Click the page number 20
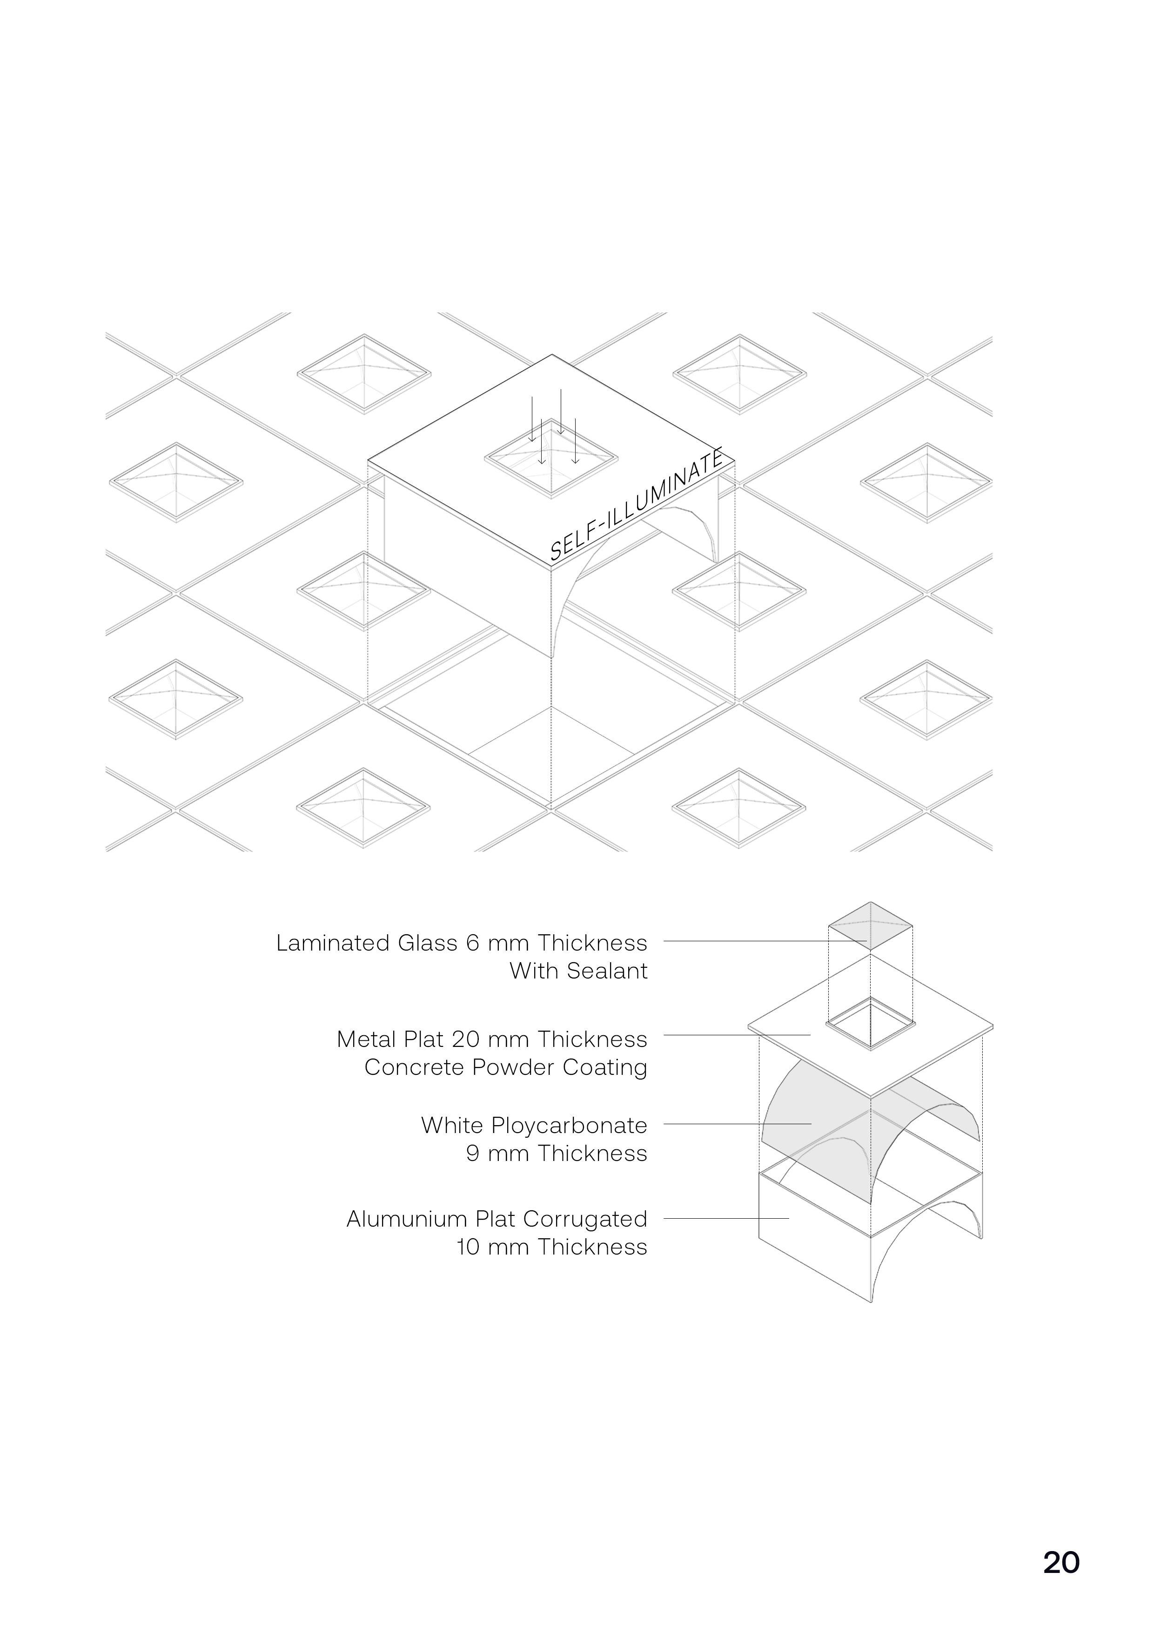1061,1562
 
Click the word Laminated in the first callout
333,943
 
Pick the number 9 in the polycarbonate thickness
473,1154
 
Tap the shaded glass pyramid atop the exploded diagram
871,925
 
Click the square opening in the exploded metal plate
870,1023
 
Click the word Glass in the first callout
427,943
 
